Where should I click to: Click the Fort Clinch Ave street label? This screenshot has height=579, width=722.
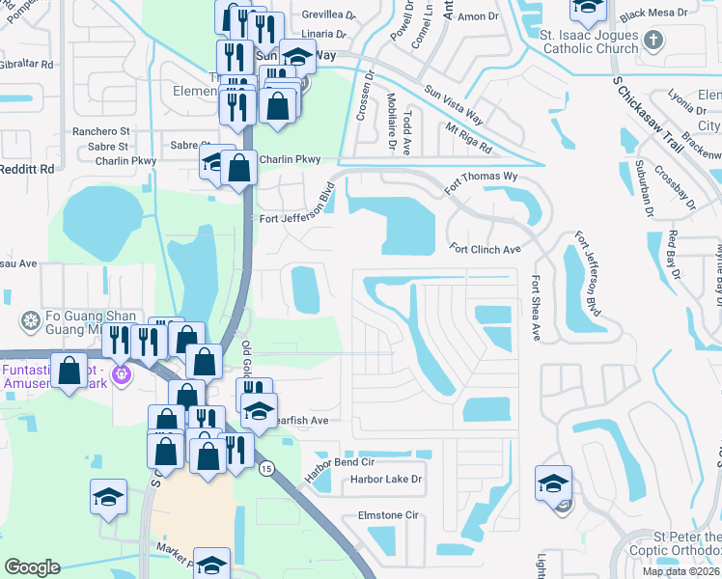click(486, 249)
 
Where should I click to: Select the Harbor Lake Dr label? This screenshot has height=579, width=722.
click(386, 479)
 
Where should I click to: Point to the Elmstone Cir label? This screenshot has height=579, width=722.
click(387, 515)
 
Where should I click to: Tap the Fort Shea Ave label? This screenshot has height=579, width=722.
click(536, 308)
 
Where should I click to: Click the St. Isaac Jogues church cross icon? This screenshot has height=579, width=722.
click(653, 41)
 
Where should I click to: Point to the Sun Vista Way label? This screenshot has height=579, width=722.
click(453, 102)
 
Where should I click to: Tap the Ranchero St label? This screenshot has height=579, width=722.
click(100, 131)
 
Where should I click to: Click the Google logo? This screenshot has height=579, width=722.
click(32, 567)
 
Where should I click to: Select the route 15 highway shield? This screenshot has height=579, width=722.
click(265, 468)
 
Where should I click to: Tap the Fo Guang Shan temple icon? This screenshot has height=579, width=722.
click(31, 319)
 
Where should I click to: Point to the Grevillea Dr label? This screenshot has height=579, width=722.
click(328, 15)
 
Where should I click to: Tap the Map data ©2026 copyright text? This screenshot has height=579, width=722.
click(680, 571)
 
